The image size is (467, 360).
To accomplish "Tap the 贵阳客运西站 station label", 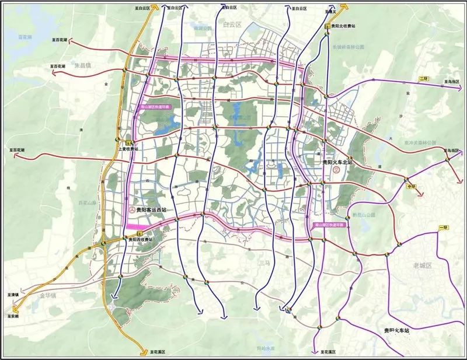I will [x=151, y=209].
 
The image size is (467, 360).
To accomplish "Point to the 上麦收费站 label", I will [x=128, y=149].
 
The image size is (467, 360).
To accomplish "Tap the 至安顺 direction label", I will [x=13, y=316].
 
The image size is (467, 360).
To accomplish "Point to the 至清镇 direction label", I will [x=13, y=295].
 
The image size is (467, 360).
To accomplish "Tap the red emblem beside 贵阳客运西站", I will [x=131, y=209].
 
